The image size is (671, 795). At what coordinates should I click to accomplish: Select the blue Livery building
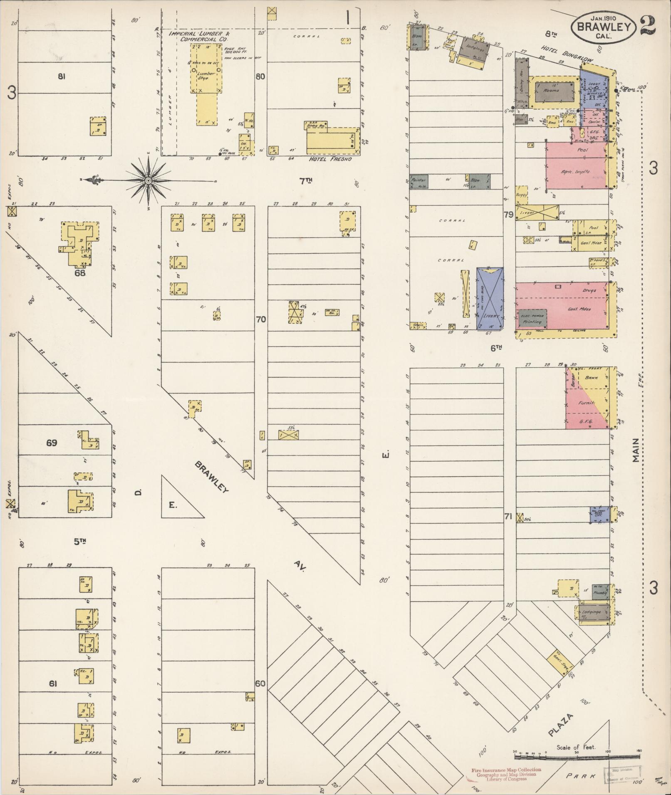(x=490, y=298)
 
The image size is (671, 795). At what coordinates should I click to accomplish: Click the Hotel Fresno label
(x=330, y=158)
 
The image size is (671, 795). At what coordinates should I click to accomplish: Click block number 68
(x=80, y=273)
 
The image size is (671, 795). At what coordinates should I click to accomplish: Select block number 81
(x=62, y=76)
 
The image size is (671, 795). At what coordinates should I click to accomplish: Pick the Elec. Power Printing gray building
(x=532, y=318)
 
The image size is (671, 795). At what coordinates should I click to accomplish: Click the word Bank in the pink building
(x=591, y=378)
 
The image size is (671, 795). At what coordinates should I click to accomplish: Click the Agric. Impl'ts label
(x=576, y=171)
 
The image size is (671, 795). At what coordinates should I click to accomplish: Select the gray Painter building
(x=418, y=181)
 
